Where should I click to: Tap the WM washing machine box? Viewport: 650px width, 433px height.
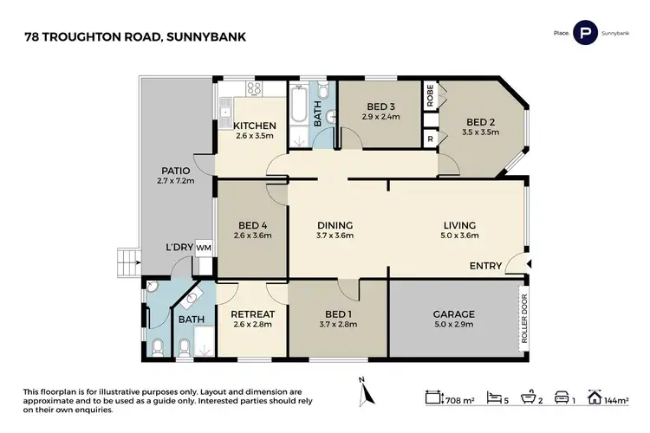click(x=204, y=249)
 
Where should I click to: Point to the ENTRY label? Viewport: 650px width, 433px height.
click(x=485, y=266)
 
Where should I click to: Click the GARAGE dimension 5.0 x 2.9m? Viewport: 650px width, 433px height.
click(x=453, y=326)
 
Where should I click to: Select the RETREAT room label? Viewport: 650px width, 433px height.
click(x=252, y=313)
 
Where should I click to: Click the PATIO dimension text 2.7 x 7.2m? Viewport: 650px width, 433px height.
click(x=174, y=181)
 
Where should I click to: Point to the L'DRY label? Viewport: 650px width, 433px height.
click(x=179, y=249)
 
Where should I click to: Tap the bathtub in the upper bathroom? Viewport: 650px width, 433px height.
click(x=299, y=111)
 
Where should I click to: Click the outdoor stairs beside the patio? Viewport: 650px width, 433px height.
click(x=128, y=259)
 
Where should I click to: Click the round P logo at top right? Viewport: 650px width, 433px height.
click(x=587, y=33)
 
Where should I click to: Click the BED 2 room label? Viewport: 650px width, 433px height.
click(x=480, y=122)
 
